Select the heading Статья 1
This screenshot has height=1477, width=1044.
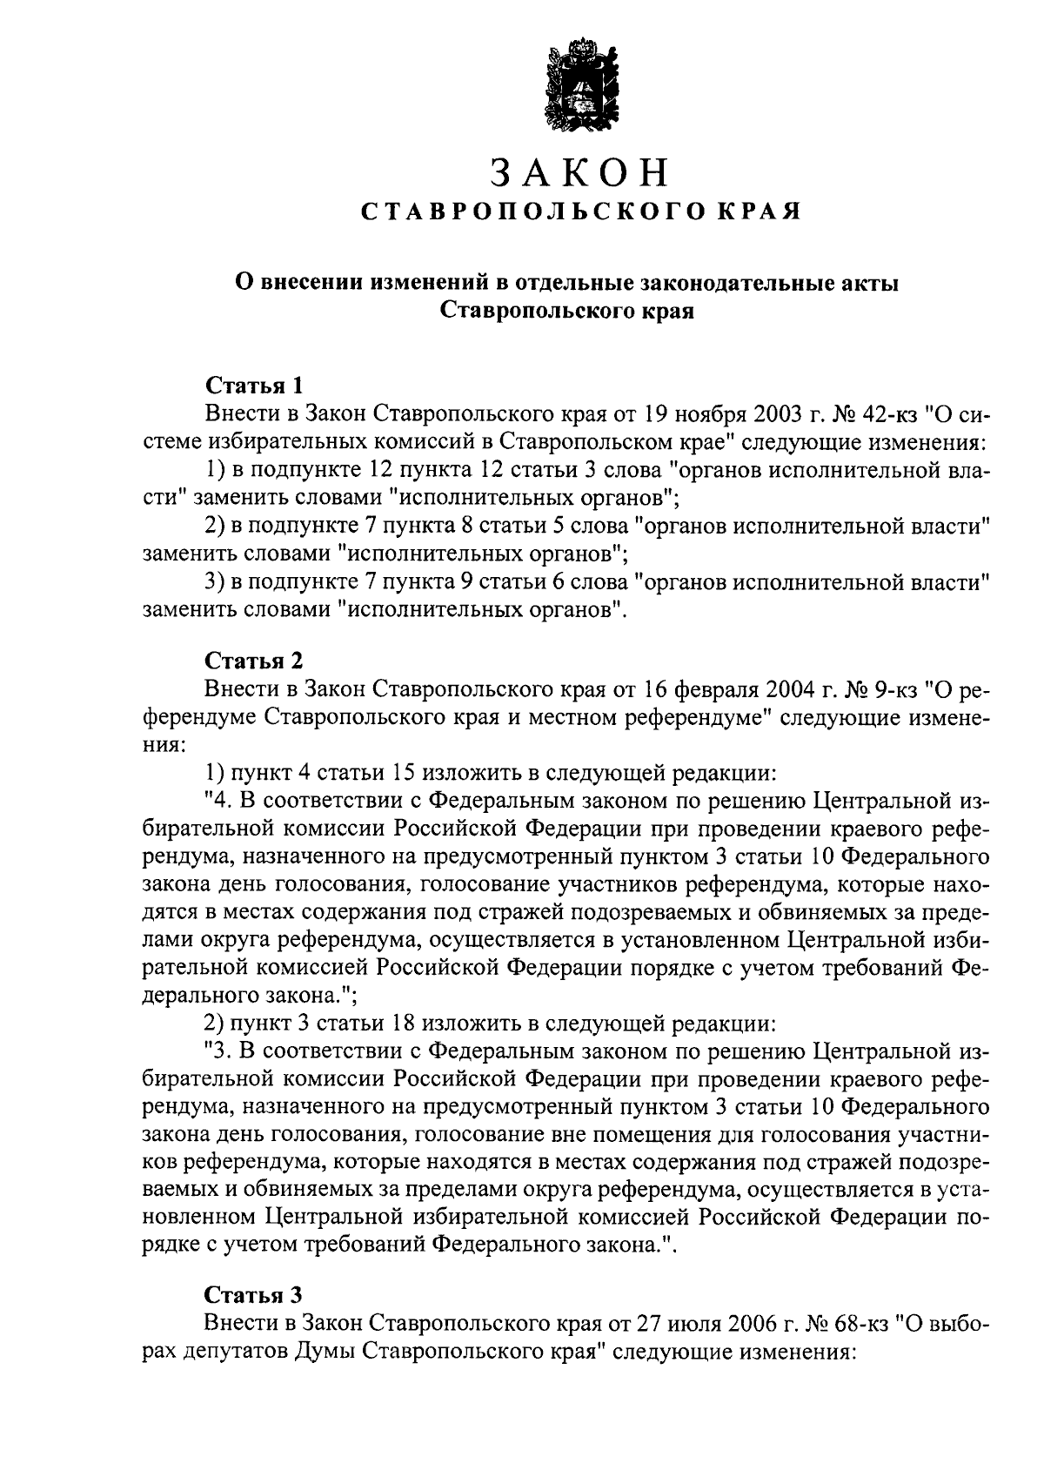coord(254,385)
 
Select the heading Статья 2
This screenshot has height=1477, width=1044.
coord(254,664)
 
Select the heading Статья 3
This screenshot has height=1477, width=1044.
coord(254,1294)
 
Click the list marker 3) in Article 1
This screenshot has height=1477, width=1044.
coord(214,582)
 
